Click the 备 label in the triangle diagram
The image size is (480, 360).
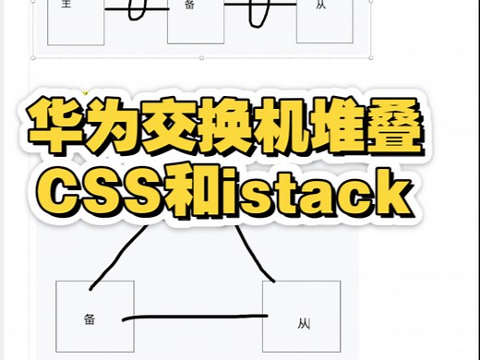(x=90, y=318)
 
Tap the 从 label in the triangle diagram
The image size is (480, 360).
(x=304, y=323)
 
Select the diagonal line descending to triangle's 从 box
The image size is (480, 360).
(x=259, y=254)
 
